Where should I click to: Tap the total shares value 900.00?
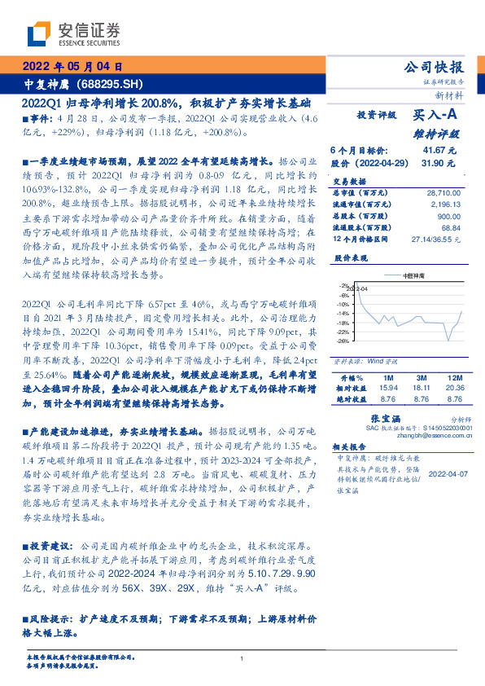tap(450, 216)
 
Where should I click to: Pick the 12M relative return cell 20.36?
tap(455, 389)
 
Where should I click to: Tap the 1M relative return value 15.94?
tap(387, 389)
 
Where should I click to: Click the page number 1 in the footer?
tap(242, 659)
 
